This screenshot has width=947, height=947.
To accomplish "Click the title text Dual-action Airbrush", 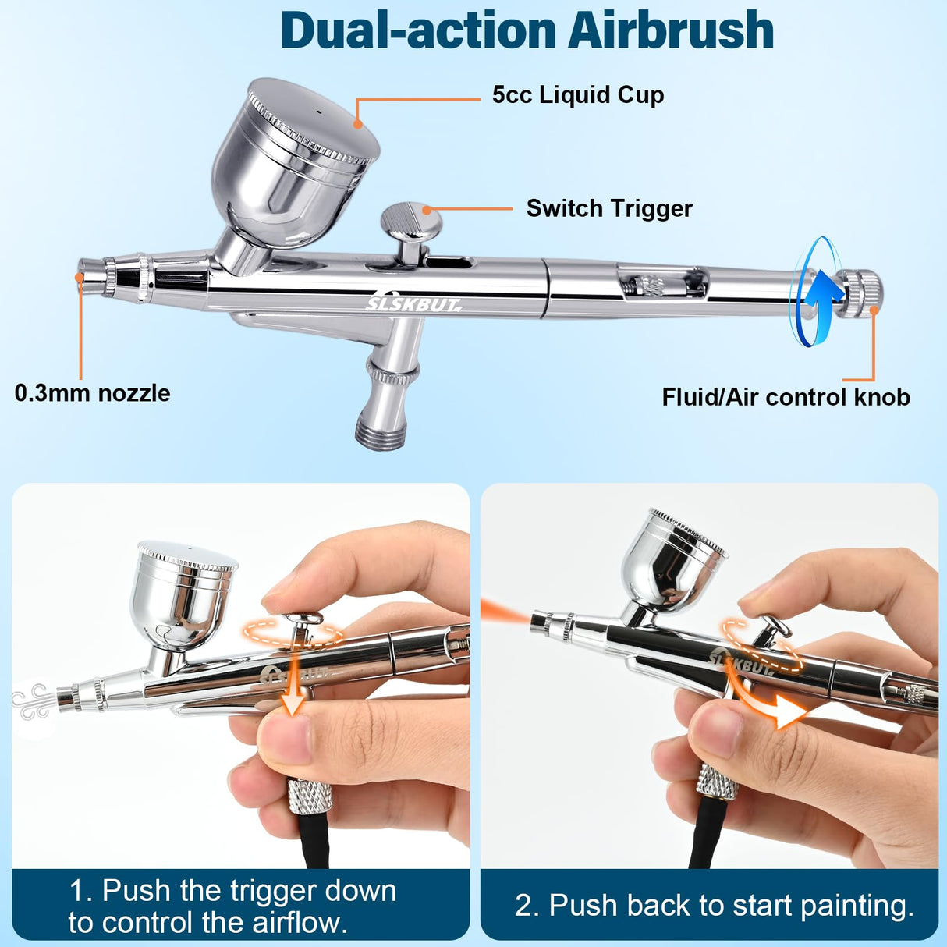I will [x=527, y=31].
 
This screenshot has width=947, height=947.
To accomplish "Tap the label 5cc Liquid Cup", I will [x=577, y=95].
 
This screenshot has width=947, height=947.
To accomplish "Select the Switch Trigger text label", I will [x=608, y=208].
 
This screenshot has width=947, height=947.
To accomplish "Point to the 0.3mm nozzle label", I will [x=92, y=392].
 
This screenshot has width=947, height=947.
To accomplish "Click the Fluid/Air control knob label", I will [x=786, y=397].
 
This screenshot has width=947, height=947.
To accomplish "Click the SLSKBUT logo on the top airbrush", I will [x=413, y=304].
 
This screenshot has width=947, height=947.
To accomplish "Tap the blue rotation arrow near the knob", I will [x=816, y=292].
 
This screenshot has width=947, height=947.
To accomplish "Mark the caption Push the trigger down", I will [x=232, y=906].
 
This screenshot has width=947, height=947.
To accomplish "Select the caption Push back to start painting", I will [x=714, y=906].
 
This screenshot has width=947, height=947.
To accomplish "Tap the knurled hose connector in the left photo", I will [x=310, y=796].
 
